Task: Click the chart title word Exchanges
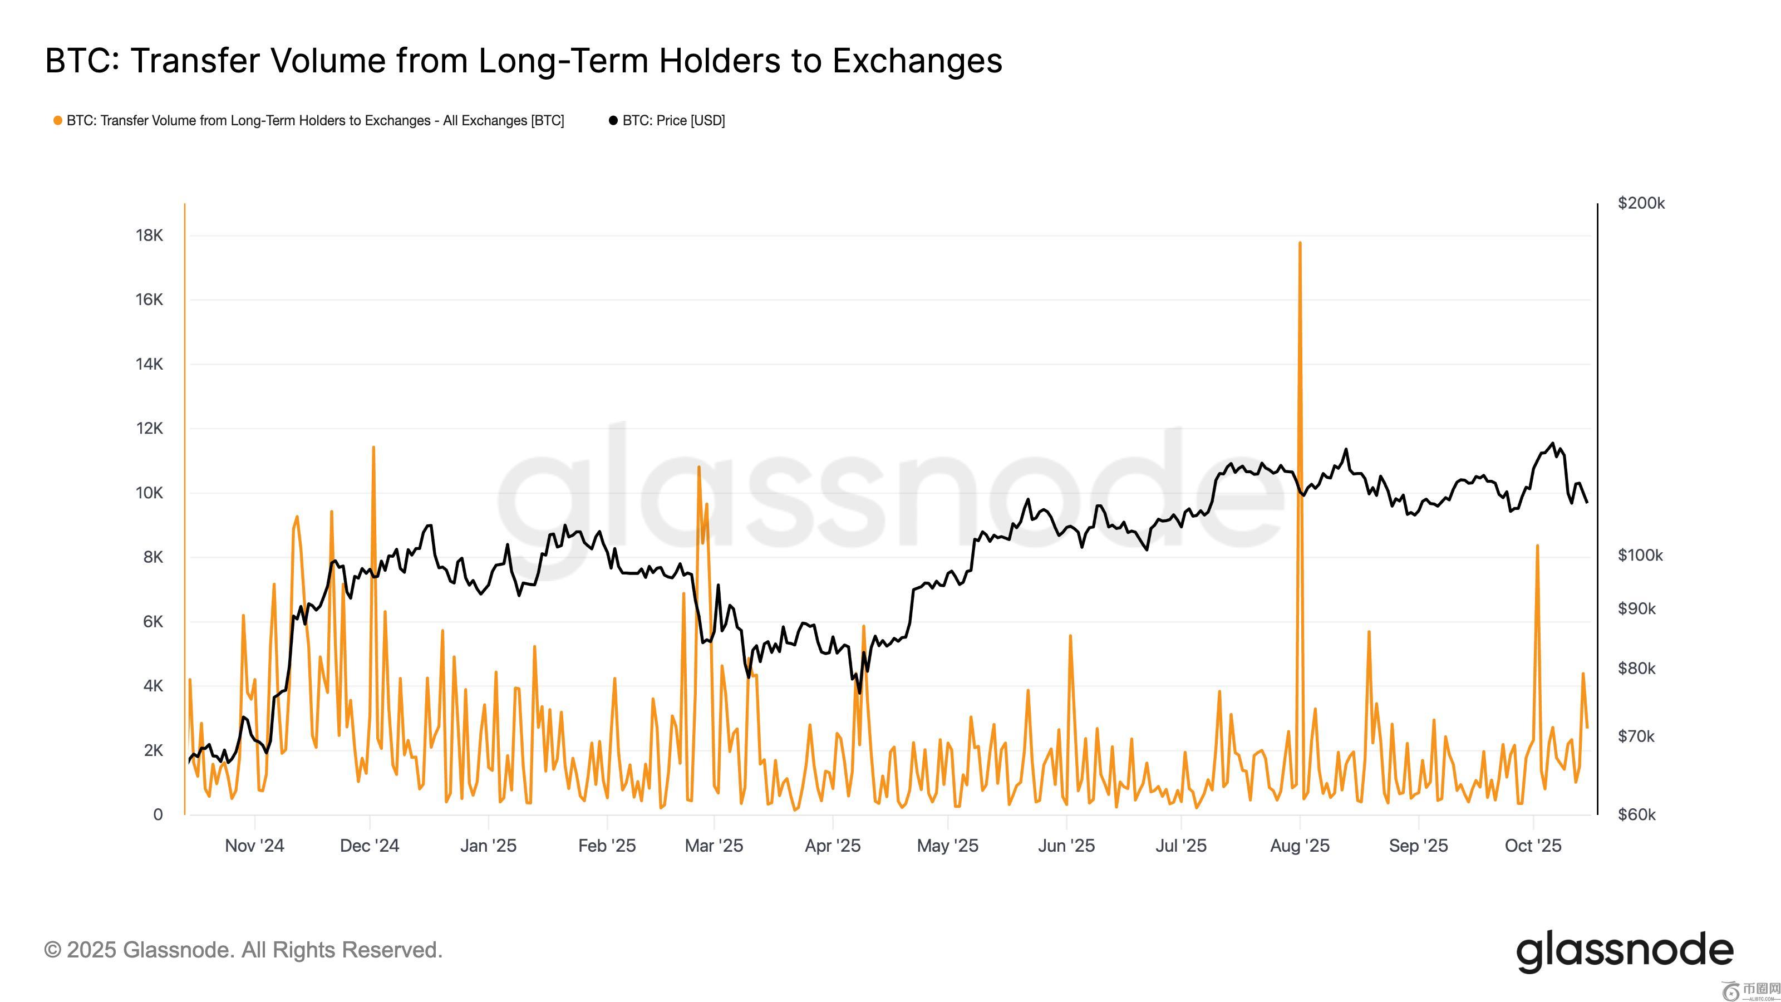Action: click(x=917, y=60)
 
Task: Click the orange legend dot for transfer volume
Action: click(x=58, y=120)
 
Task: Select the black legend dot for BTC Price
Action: click(x=613, y=120)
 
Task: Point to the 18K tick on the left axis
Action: click(x=149, y=235)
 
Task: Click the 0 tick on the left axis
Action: click(x=158, y=814)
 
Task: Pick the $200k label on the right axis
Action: click(x=1641, y=203)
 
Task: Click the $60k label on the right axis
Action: click(x=1636, y=814)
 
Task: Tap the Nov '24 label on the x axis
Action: click(x=254, y=846)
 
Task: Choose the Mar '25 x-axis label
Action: click(x=714, y=846)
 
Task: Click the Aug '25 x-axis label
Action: click(x=1300, y=846)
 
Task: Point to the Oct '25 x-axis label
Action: click(x=1533, y=846)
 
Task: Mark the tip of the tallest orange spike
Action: click(x=1300, y=243)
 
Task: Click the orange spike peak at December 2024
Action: click(x=373, y=448)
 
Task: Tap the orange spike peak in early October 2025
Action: click(x=1537, y=546)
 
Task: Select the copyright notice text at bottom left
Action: click(x=243, y=950)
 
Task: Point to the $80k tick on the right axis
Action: click(x=1636, y=669)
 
